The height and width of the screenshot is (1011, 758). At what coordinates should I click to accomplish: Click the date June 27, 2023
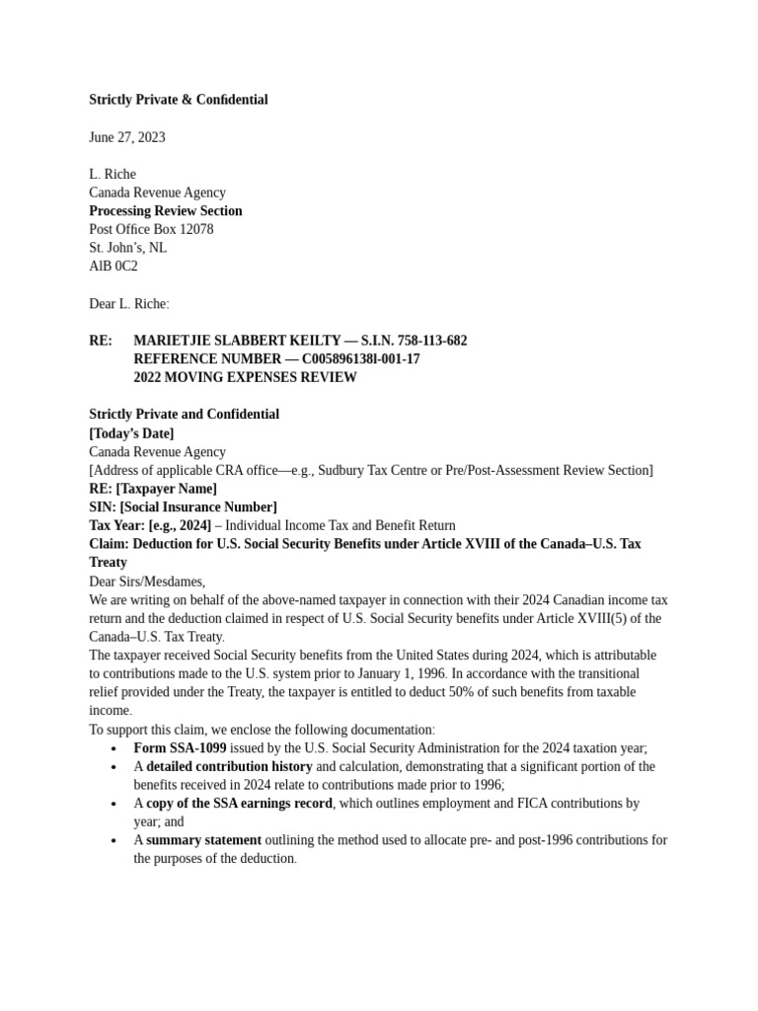click(x=127, y=137)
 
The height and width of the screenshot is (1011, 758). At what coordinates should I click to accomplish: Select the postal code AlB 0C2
click(x=114, y=267)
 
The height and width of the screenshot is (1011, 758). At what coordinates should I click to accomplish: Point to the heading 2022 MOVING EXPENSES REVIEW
click(x=245, y=377)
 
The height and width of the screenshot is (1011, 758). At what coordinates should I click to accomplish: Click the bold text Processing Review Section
click(x=166, y=211)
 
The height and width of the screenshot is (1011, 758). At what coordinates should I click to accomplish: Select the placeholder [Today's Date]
click(x=131, y=433)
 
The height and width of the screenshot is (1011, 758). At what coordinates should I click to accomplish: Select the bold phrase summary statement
click(x=204, y=840)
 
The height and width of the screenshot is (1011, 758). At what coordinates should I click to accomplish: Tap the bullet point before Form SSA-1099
click(x=114, y=749)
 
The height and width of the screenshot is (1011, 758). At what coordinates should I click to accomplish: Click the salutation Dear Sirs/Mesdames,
click(x=147, y=582)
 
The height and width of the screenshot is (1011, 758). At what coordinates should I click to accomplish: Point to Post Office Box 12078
click(x=151, y=229)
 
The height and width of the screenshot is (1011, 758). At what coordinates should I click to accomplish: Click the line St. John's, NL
click(x=127, y=248)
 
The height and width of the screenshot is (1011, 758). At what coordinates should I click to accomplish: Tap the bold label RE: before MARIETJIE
click(x=101, y=341)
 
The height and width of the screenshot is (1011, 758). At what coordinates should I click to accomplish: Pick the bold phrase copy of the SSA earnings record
click(x=240, y=804)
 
